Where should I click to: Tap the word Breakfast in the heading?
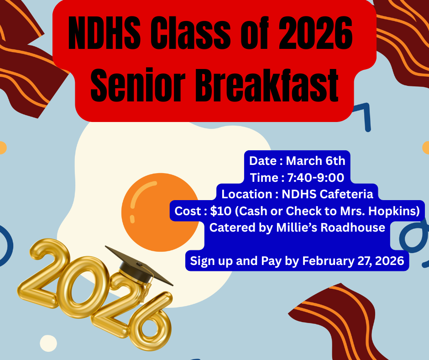click(x=266, y=85)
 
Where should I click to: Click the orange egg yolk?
click(x=160, y=212)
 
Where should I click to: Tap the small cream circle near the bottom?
click(x=48, y=343)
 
